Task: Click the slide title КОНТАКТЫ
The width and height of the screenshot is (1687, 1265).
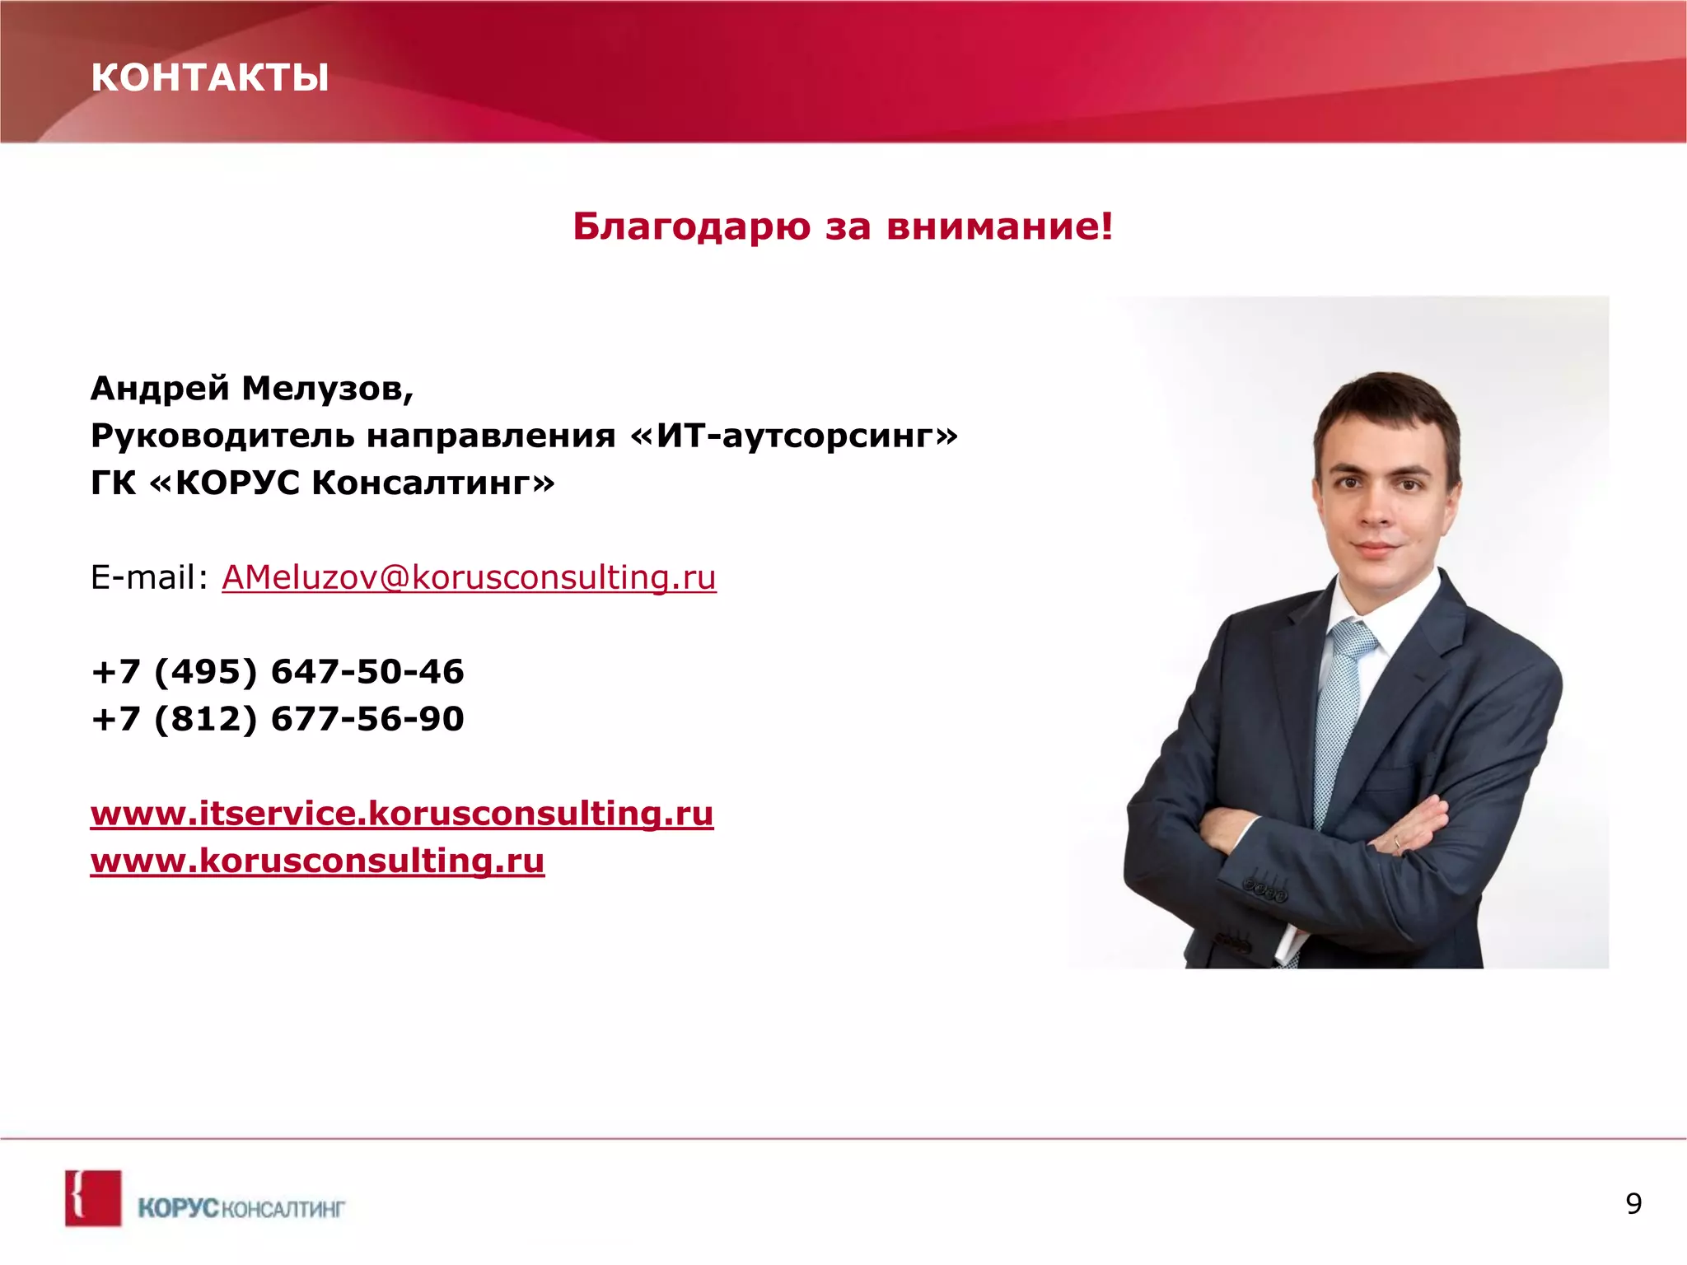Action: point(209,77)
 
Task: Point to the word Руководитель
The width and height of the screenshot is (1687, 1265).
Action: point(222,436)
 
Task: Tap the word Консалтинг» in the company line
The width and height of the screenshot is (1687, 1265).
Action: point(432,483)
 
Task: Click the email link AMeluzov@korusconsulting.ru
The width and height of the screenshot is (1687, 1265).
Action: point(469,577)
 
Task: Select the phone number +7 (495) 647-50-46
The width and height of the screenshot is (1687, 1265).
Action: point(278,671)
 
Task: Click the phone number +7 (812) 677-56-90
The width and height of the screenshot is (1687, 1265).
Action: point(278,719)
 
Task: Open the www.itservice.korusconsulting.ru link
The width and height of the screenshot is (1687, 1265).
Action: point(402,814)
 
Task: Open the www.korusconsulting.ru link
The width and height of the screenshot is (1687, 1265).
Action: point(317,861)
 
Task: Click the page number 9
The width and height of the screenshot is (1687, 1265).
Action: point(1633,1204)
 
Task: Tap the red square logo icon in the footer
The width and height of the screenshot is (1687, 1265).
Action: point(93,1198)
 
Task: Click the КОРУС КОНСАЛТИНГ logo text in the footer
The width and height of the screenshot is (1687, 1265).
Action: point(241,1208)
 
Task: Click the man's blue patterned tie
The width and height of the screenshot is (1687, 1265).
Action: point(1339,708)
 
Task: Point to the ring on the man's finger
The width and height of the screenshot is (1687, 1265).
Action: point(1395,842)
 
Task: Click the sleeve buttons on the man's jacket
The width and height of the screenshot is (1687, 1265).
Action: point(1264,891)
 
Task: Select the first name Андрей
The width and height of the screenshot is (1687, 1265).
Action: point(160,388)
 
